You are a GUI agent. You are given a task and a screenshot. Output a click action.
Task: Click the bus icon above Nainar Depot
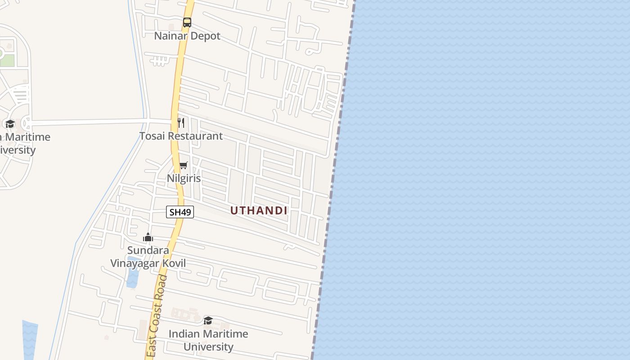click(187, 22)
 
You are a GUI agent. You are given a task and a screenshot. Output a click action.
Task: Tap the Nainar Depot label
click(187, 36)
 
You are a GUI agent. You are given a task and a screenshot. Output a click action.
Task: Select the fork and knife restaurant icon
click(181, 122)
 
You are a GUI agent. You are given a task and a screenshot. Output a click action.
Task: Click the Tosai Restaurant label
click(181, 136)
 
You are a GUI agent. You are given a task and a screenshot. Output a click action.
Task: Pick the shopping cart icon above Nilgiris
click(183, 166)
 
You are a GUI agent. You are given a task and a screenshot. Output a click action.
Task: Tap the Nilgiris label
click(184, 178)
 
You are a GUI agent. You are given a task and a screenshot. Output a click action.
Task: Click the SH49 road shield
click(180, 212)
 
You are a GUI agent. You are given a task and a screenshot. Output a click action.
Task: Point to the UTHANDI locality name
click(259, 211)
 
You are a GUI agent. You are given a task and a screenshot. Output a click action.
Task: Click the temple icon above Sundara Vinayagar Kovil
click(148, 237)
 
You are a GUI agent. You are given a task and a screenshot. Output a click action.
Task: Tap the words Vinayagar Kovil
click(148, 263)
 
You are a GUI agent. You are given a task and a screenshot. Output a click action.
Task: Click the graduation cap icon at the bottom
click(208, 320)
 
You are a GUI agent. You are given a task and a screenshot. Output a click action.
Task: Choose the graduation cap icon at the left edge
click(10, 124)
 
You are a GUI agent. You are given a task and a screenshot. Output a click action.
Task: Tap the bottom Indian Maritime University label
click(208, 340)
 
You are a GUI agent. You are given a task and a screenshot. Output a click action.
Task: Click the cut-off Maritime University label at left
click(22, 143)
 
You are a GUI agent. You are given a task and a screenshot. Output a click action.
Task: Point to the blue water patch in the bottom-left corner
click(30, 340)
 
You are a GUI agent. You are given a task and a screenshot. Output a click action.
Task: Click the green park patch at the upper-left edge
click(7, 60)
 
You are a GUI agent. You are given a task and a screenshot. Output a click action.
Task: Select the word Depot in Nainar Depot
click(205, 36)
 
